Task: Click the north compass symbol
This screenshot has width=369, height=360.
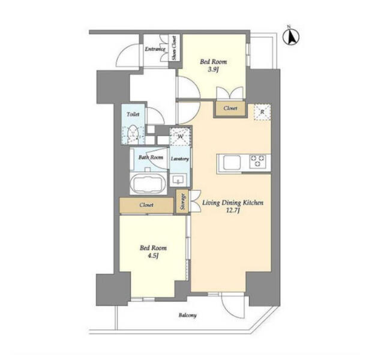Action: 291,37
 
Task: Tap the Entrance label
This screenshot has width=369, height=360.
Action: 155,49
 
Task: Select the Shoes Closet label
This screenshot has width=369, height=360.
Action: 174,48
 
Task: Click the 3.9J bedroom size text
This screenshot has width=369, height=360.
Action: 214,70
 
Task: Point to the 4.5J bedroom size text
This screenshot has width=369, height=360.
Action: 153,256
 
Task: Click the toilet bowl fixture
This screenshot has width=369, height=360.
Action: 133,135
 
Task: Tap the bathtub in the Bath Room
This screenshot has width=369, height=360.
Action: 148,184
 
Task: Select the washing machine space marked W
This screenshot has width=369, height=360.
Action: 180,136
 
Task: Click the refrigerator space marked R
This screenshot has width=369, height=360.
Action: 262,112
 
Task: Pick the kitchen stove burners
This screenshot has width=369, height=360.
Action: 258,161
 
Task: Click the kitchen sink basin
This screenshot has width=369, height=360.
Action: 232,163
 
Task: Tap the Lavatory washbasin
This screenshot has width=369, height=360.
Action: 179,180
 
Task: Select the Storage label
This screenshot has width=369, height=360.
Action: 182,202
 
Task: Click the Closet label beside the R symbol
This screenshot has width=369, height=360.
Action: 230,108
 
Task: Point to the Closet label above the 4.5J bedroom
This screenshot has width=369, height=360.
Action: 146,205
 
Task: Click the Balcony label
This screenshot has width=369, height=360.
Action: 187,315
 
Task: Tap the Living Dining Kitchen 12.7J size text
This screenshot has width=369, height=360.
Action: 233,211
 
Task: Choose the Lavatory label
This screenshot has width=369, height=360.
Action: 180,159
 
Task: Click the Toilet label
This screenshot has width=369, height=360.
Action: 133,115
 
